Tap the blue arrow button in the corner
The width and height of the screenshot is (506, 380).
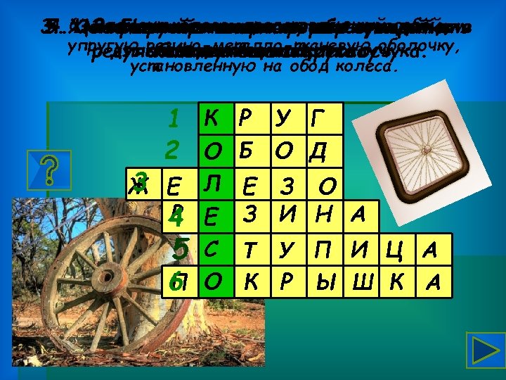tap(484, 352)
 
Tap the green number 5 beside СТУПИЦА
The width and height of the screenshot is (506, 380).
tap(181, 248)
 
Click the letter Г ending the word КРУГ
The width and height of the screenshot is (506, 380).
tap(319, 119)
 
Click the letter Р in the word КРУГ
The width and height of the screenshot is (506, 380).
tap(245, 119)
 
